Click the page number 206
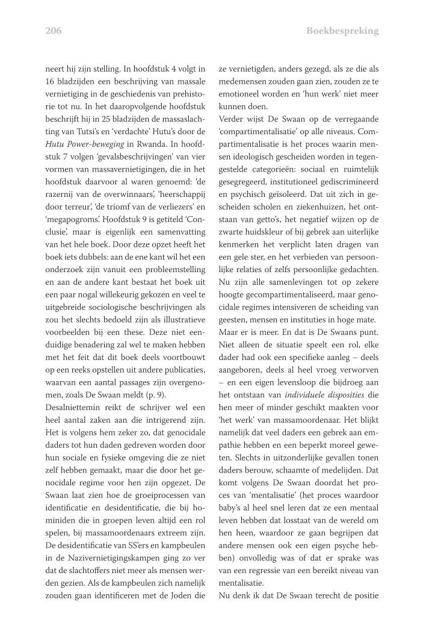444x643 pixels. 54,31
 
